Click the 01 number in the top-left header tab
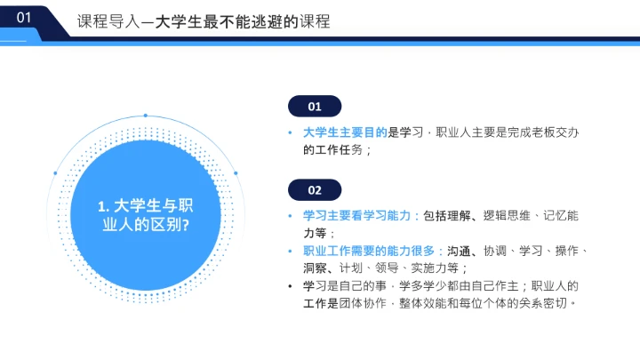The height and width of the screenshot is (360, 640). (24, 17)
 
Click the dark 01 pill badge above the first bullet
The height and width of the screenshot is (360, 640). (315, 107)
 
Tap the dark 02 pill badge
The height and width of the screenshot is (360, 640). (315, 190)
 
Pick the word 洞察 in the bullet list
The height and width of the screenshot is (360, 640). (316, 268)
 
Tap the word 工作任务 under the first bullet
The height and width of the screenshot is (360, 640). (333, 150)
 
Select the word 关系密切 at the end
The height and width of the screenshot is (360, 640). (546, 302)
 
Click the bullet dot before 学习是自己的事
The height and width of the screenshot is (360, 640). (291, 285)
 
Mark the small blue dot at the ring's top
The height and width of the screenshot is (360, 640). (144, 115)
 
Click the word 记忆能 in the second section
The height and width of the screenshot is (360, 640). (560, 216)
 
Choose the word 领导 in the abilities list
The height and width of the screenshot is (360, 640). (384, 268)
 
